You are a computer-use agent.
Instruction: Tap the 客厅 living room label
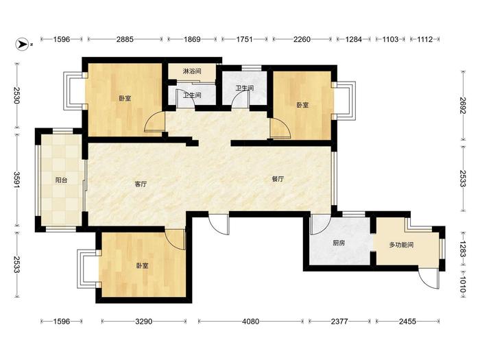pyautogui.click(x=141, y=184)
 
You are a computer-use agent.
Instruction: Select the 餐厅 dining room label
pyautogui.click(x=278, y=179)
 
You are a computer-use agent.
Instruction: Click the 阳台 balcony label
pyautogui.click(x=61, y=180)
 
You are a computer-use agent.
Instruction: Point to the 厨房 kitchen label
pyautogui.click(x=339, y=243)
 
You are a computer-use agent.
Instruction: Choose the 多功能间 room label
pyautogui.click(x=401, y=245)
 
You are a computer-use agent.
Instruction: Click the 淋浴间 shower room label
pyautogui.click(x=192, y=71)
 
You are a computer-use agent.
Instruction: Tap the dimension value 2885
pyautogui.click(x=125, y=39)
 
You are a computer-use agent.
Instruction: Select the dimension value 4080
pyautogui.click(x=250, y=322)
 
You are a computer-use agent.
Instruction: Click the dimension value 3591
pyautogui.click(x=16, y=180)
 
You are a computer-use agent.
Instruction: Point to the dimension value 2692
pyautogui.click(x=462, y=106)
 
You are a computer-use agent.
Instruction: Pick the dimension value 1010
pyautogui.click(x=462, y=285)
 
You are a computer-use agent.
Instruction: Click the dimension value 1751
pyautogui.click(x=244, y=39)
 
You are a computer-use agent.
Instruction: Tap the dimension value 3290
pyautogui.click(x=143, y=322)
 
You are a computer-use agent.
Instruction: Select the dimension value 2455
pyautogui.click(x=407, y=322)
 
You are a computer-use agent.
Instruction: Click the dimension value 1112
pyautogui.click(x=425, y=39)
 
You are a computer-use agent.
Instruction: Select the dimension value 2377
pyautogui.click(x=339, y=322)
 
